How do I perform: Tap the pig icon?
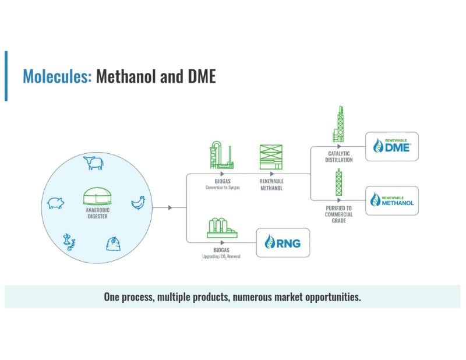(55, 203)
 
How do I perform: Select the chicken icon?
(138, 202)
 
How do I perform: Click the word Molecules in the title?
(57, 76)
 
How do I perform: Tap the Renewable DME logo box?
(391, 146)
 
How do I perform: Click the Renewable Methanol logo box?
(391, 200)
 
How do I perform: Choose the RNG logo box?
(283, 242)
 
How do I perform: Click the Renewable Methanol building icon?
(271, 157)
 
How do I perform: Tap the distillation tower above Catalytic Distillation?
(339, 125)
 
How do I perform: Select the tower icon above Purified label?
(338, 181)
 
